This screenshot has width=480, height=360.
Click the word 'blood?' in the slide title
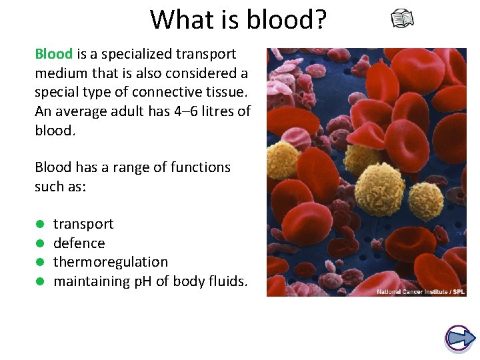[x=287, y=19]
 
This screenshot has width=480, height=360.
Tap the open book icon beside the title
[x=402, y=19]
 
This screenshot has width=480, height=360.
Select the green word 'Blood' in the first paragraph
[x=53, y=53]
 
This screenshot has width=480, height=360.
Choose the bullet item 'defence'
[x=79, y=243]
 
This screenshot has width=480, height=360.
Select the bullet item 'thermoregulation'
[x=111, y=262]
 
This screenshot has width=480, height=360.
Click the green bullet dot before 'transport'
[x=40, y=225]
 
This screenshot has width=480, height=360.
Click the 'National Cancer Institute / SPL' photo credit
[x=420, y=292]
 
